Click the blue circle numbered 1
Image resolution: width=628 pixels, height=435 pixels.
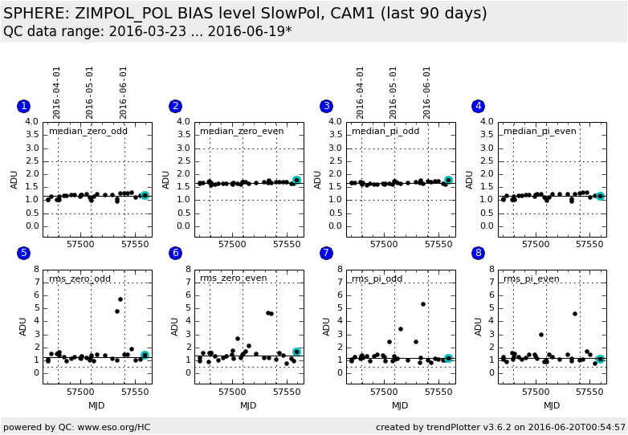coord(23,106)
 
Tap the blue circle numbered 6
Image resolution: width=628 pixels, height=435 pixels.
coord(175,253)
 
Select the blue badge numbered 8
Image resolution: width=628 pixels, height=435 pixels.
coord(479,253)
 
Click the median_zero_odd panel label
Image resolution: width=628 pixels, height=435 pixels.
coord(88,131)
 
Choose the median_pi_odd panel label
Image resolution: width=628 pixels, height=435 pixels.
coord(385,131)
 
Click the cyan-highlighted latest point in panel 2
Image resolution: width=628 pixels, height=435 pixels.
coord(296,181)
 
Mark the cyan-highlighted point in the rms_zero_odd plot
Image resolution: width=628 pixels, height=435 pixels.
coord(145,355)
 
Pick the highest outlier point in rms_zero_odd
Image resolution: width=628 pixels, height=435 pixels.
coord(120,299)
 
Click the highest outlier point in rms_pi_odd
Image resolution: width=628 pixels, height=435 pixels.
coord(423,304)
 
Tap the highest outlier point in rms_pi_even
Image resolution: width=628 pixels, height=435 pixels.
coord(575,314)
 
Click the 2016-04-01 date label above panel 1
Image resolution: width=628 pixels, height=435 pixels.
coord(57,91)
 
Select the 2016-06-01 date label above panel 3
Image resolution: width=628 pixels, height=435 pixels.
coord(427,91)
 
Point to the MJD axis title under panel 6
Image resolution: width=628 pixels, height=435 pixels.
coord(248,405)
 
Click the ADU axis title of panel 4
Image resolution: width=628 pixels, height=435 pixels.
coord(470,179)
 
